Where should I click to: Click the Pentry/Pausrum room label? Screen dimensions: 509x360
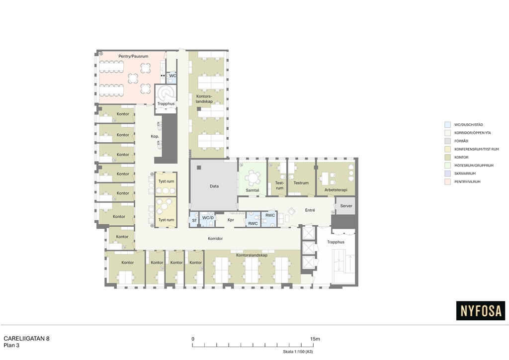pos(133,56)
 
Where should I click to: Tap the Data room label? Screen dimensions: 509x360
pos(214,186)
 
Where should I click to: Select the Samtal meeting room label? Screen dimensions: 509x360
pos(252,190)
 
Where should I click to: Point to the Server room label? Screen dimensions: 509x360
pos(346,206)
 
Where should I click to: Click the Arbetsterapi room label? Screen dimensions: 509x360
pos(336,190)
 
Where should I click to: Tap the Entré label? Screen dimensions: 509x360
pos(310,210)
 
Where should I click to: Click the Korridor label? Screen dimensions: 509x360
pos(215,239)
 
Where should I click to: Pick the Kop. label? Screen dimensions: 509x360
pos(155,136)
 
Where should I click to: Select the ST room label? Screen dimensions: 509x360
pos(194,220)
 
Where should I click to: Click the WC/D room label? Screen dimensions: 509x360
pos(208,218)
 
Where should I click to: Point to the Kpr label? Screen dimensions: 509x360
pos(231,220)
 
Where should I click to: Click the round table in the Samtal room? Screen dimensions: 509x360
pos(252,178)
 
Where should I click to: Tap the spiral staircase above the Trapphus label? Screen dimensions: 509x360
pos(166,93)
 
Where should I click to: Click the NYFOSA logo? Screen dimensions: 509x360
pos(481,311)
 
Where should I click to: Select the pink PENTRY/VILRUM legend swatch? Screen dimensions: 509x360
pos(447,182)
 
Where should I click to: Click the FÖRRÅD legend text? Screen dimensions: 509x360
pos(461,141)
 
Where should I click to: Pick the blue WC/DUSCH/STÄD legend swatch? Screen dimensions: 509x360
pos(447,125)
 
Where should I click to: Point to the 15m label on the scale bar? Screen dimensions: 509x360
pos(315,339)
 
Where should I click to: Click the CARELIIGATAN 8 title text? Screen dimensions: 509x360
pos(26,339)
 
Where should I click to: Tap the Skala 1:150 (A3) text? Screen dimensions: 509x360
pos(298,352)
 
